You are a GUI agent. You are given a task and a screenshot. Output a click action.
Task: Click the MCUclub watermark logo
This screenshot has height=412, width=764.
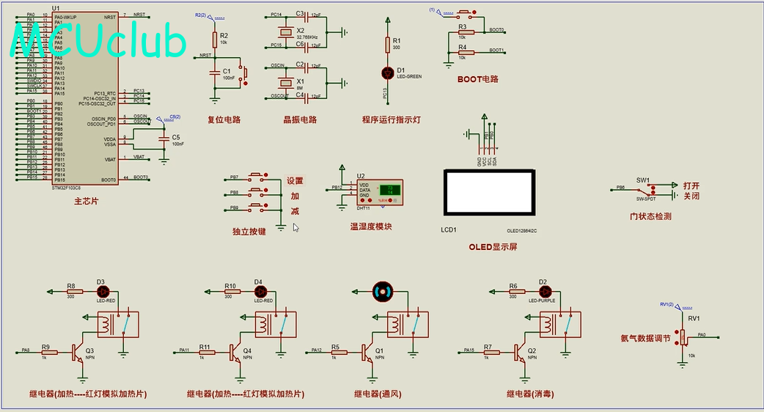point(99,41)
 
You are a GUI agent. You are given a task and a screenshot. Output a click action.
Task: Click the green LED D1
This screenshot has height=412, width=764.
point(388,72)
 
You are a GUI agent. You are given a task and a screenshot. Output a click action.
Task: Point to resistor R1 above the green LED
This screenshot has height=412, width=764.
point(388,45)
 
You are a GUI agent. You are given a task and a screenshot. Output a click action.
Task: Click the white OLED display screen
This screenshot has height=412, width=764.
point(489,192)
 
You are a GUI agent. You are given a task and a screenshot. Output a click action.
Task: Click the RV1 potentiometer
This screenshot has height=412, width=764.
point(683,336)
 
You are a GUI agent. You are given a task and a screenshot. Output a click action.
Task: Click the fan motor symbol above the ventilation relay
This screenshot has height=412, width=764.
point(383,291)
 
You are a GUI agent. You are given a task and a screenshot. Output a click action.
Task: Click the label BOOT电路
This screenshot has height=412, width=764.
point(477,79)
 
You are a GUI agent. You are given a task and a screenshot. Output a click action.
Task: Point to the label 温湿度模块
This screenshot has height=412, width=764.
point(370,227)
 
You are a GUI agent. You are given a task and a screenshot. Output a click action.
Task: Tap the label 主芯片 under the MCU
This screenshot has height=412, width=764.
point(86,201)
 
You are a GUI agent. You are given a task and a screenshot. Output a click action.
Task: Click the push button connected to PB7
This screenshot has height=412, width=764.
point(257,178)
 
